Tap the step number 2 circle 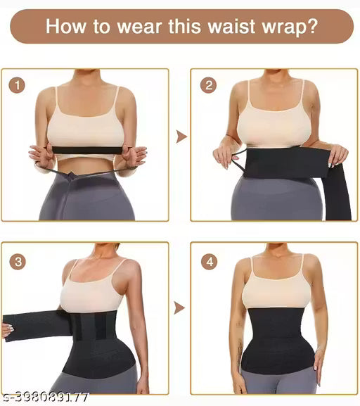[x=208, y=86]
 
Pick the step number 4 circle [x=208, y=262]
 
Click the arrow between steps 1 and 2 [x=181, y=136]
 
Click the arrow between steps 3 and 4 [x=181, y=307]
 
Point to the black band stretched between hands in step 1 [x=88, y=149]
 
